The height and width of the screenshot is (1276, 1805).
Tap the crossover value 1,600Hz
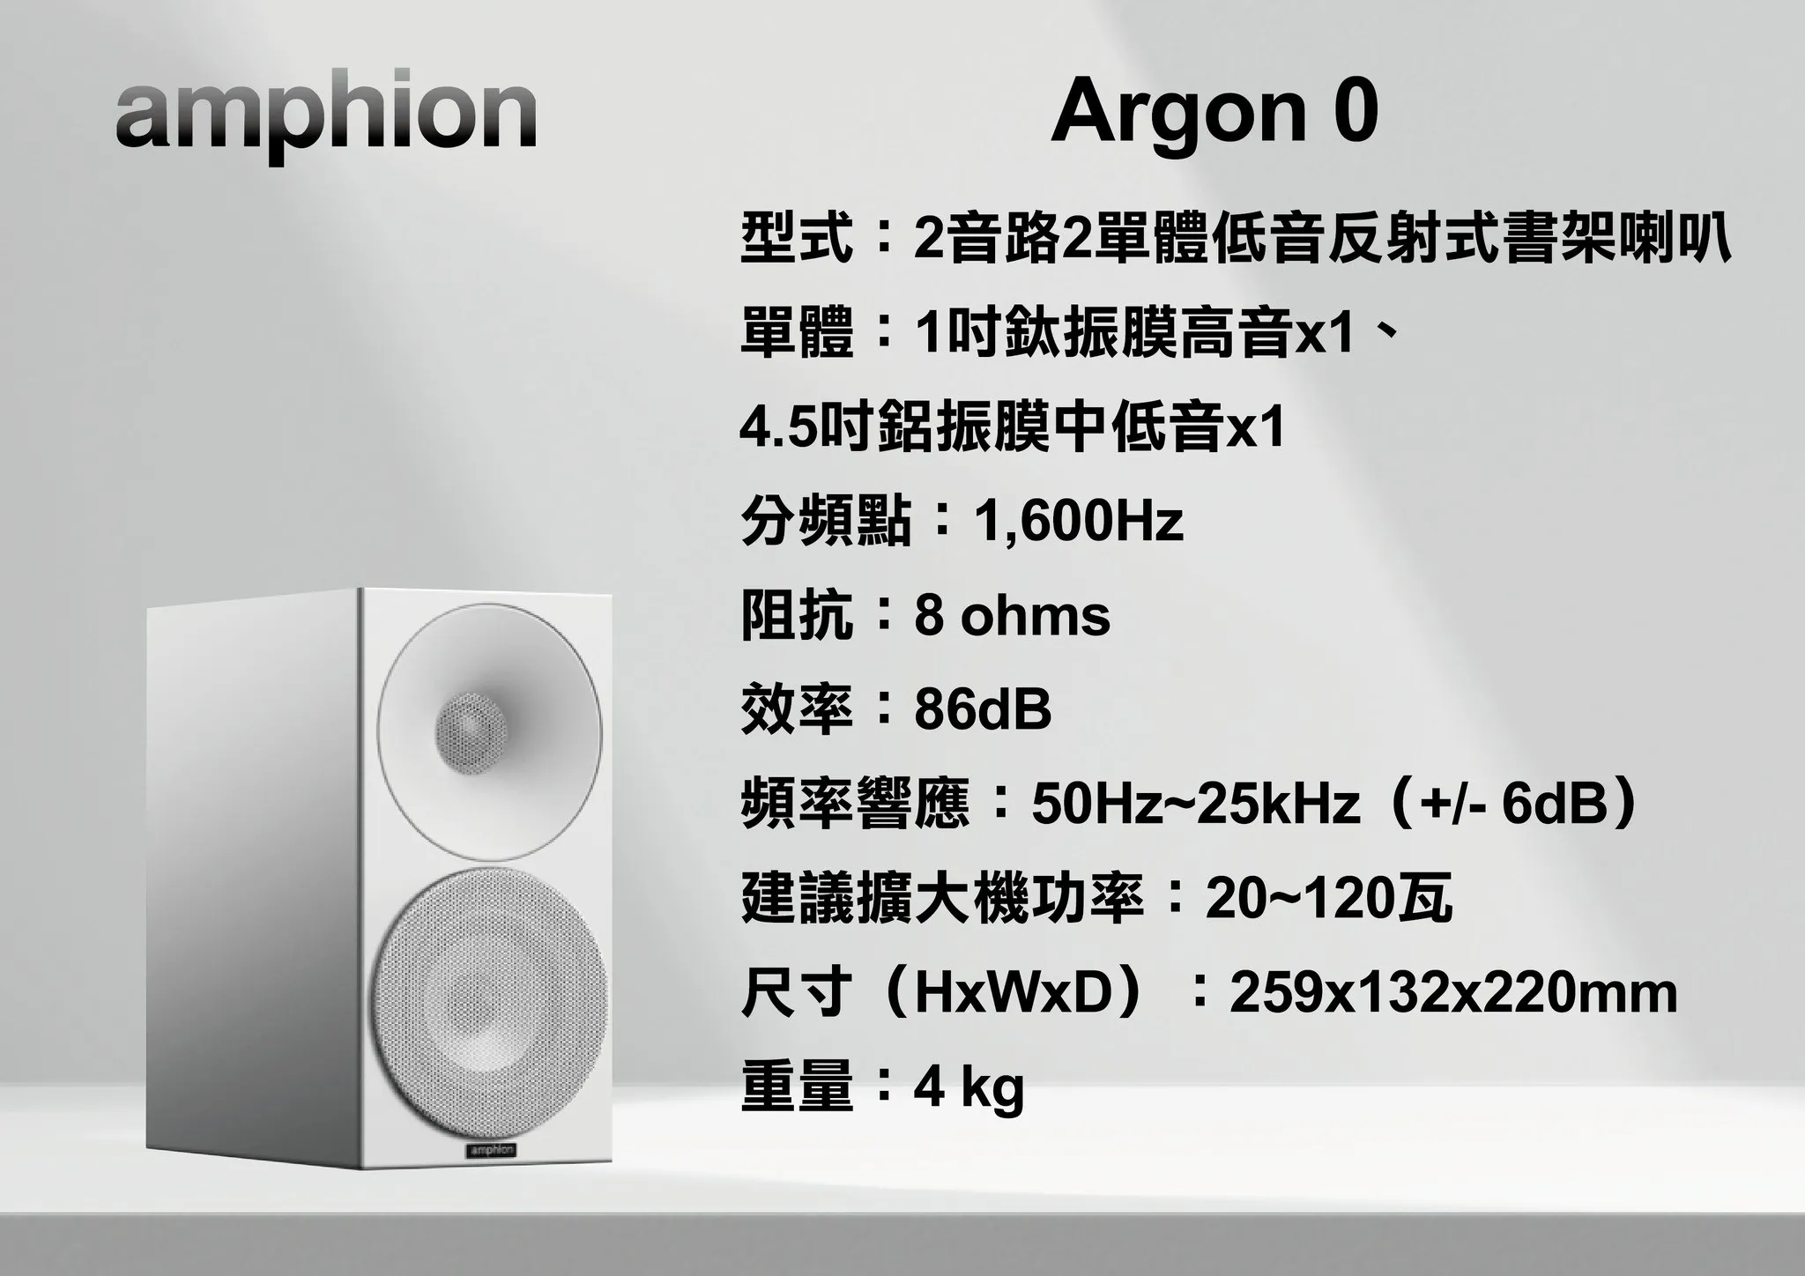[x=1079, y=521]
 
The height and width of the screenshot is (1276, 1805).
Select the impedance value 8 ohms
[x=1013, y=615]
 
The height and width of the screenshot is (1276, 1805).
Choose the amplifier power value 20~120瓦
[x=1329, y=898]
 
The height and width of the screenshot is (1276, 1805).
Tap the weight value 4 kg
[x=969, y=1088]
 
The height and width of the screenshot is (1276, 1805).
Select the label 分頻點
[x=826, y=521]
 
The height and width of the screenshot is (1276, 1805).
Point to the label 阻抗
[x=797, y=615]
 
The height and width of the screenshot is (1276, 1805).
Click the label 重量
[x=797, y=1087]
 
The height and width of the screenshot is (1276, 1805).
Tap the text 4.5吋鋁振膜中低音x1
[x=1013, y=427]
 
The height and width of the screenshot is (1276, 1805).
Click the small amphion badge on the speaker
[x=491, y=1150]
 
